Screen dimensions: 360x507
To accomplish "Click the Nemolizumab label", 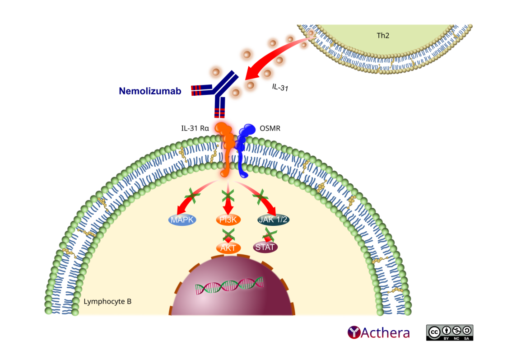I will (x=150, y=91).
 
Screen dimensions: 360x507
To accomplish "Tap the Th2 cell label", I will (x=383, y=35).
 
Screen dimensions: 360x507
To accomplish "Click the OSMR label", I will (x=270, y=128).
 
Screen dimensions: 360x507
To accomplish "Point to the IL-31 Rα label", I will (x=195, y=128).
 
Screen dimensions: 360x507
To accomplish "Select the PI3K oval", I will (x=228, y=220).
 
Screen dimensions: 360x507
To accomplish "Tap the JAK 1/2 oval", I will (x=273, y=220).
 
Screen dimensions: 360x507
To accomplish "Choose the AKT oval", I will (x=228, y=247).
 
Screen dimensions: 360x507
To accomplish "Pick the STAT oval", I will (x=265, y=247).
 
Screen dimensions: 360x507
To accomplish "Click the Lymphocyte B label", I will (x=107, y=301).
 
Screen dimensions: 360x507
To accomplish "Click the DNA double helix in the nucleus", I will (x=229, y=285).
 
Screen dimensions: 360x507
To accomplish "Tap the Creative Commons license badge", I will (x=449, y=332).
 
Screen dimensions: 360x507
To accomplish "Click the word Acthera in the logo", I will (x=385, y=333).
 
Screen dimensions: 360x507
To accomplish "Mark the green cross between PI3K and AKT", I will (x=228, y=234).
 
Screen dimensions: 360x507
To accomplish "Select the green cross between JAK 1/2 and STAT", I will (x=270, y=234).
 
